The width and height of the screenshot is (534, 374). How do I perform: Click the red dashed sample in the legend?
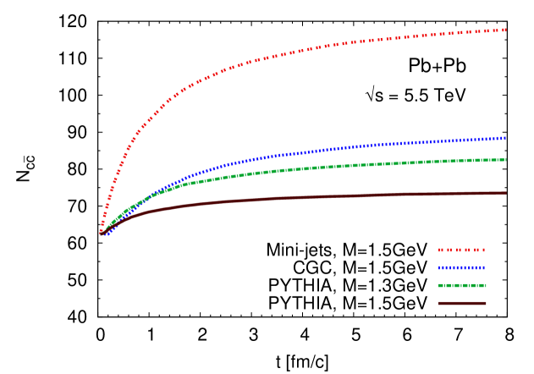(x=462, y=250)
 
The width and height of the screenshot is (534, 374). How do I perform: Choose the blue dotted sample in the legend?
(x=462, y=268)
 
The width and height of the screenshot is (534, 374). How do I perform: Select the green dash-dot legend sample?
(x=462, y=286)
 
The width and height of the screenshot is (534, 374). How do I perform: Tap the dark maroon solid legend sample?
(x=462, y=303)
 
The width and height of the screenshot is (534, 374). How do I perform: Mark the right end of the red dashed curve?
(x=506, y=30)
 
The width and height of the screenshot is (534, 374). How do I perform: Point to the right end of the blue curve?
(x=506, y=138)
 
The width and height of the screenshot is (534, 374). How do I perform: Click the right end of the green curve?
(x=506, y=159)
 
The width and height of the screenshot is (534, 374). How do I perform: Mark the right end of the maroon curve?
(x=506, y=193)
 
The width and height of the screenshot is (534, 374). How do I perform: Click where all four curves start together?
(x=102, y=232)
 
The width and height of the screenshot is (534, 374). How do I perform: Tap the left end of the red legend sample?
(x=438, y=250)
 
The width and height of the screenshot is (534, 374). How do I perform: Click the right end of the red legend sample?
(x=486, y=250)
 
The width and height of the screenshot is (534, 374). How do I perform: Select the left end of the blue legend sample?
(x=438, y=268)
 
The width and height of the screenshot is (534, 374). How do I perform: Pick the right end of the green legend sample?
(x=486, y=286)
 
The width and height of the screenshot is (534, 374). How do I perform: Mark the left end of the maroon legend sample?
(x=438, y=303)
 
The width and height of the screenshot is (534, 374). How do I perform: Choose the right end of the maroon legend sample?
(x=486, y=303)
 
